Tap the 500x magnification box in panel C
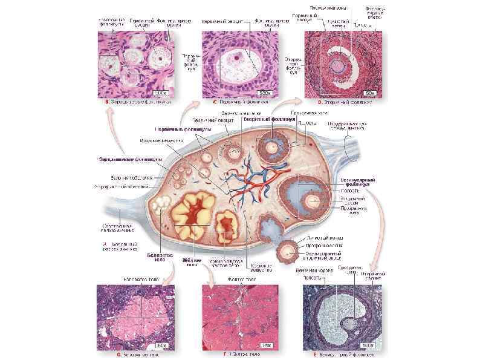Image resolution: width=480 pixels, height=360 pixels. (x=264, y=93)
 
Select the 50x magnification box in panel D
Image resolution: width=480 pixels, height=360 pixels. (x=370, y=93)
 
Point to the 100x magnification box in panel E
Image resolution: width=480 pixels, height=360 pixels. (x=368, y=345)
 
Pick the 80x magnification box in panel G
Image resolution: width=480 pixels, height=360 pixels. (x=161, y=345)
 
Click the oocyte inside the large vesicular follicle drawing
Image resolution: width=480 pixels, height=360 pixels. (x=314, y=201)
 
